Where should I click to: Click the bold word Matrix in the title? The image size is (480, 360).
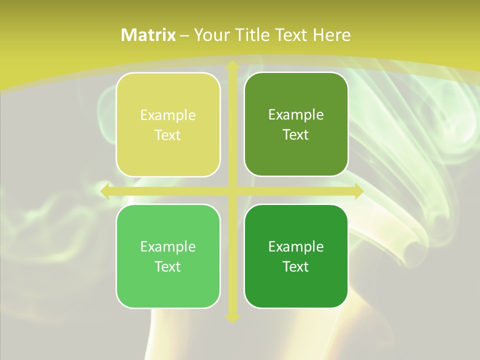pyautogui.click(x=148, y=35)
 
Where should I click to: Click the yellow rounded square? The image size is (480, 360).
pyautogui.click(x=168, y=124)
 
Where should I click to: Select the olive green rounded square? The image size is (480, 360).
pyautogui.click(x=296, y=124)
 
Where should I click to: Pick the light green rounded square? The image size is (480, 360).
pyautogui.click(x=168, y=256)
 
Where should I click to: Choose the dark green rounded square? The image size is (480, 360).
pyautogui.click(x=296, y=256)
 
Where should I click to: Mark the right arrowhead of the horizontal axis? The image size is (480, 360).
pyautogui.click(x=358, y=191)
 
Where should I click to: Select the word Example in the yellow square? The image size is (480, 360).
pyautogui.click(x=168, y=115)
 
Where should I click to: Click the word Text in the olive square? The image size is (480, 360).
pyautogui.click(x=295, y=134)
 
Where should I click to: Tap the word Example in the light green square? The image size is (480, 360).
pyautogui.click(x=168, y=247)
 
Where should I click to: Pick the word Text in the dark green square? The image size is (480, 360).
pyautogui.click(x=295, y=266)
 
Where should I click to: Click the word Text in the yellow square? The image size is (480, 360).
pyautogui.click(x=167, y=135)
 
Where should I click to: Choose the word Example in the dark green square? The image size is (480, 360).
pyautogui.click(x=296, y=247)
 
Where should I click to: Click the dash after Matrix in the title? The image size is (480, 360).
pyautogui.click(x=184, y=35)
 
